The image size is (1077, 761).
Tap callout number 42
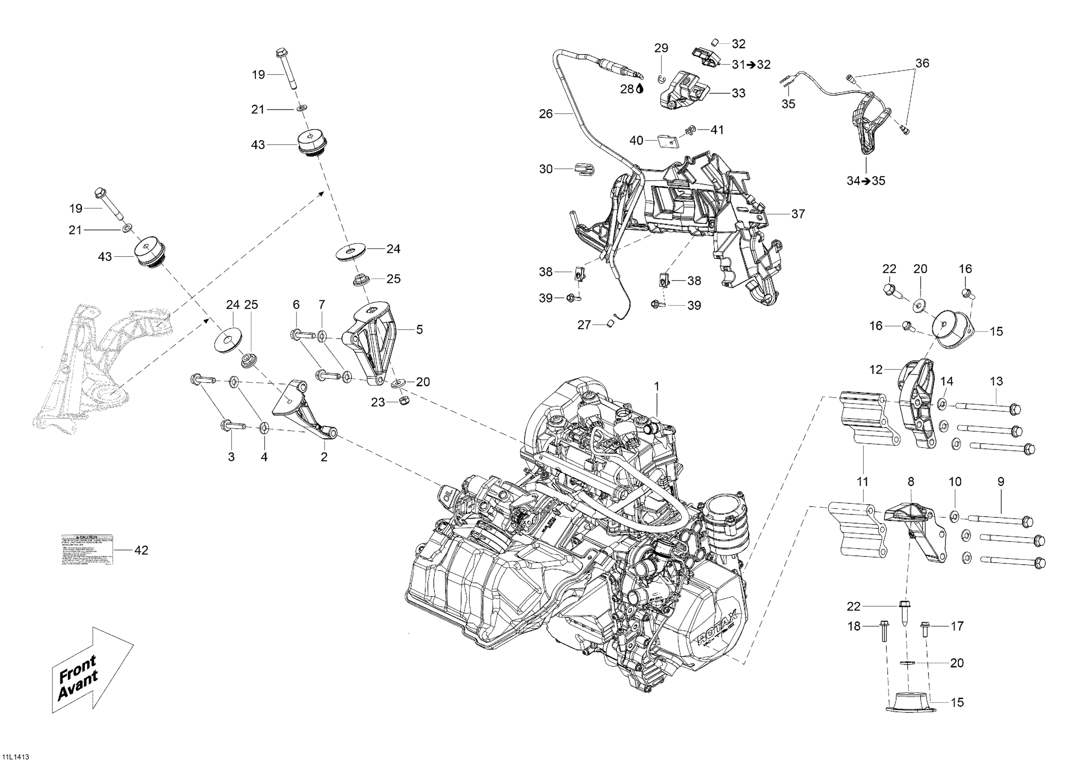point(141,550)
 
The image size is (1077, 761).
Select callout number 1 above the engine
point(657,386)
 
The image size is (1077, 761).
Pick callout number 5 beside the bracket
point(419,330)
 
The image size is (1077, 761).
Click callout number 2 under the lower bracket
point(324,457)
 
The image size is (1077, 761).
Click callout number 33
point(738,93)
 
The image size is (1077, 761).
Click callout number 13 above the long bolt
point(996,381)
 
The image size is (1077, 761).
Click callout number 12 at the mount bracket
point(876,370)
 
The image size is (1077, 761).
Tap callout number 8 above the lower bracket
point(910,482)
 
